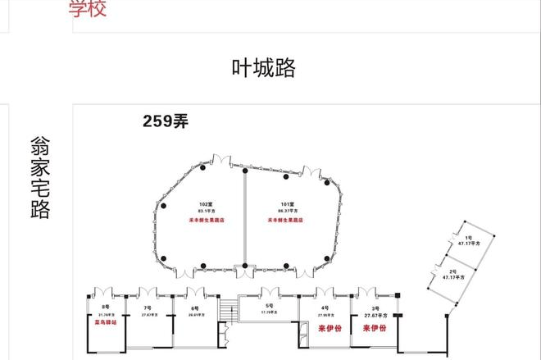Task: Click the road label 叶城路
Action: [263, 68]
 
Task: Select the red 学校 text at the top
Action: [88, 9]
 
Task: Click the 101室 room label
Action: [286, 203]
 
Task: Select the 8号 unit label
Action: [105, 307]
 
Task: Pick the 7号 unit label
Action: [148, 307]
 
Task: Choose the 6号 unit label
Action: [194, 307]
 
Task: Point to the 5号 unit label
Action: [268, 305]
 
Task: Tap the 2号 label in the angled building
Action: [453, 271]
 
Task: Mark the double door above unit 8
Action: [105, 290]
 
